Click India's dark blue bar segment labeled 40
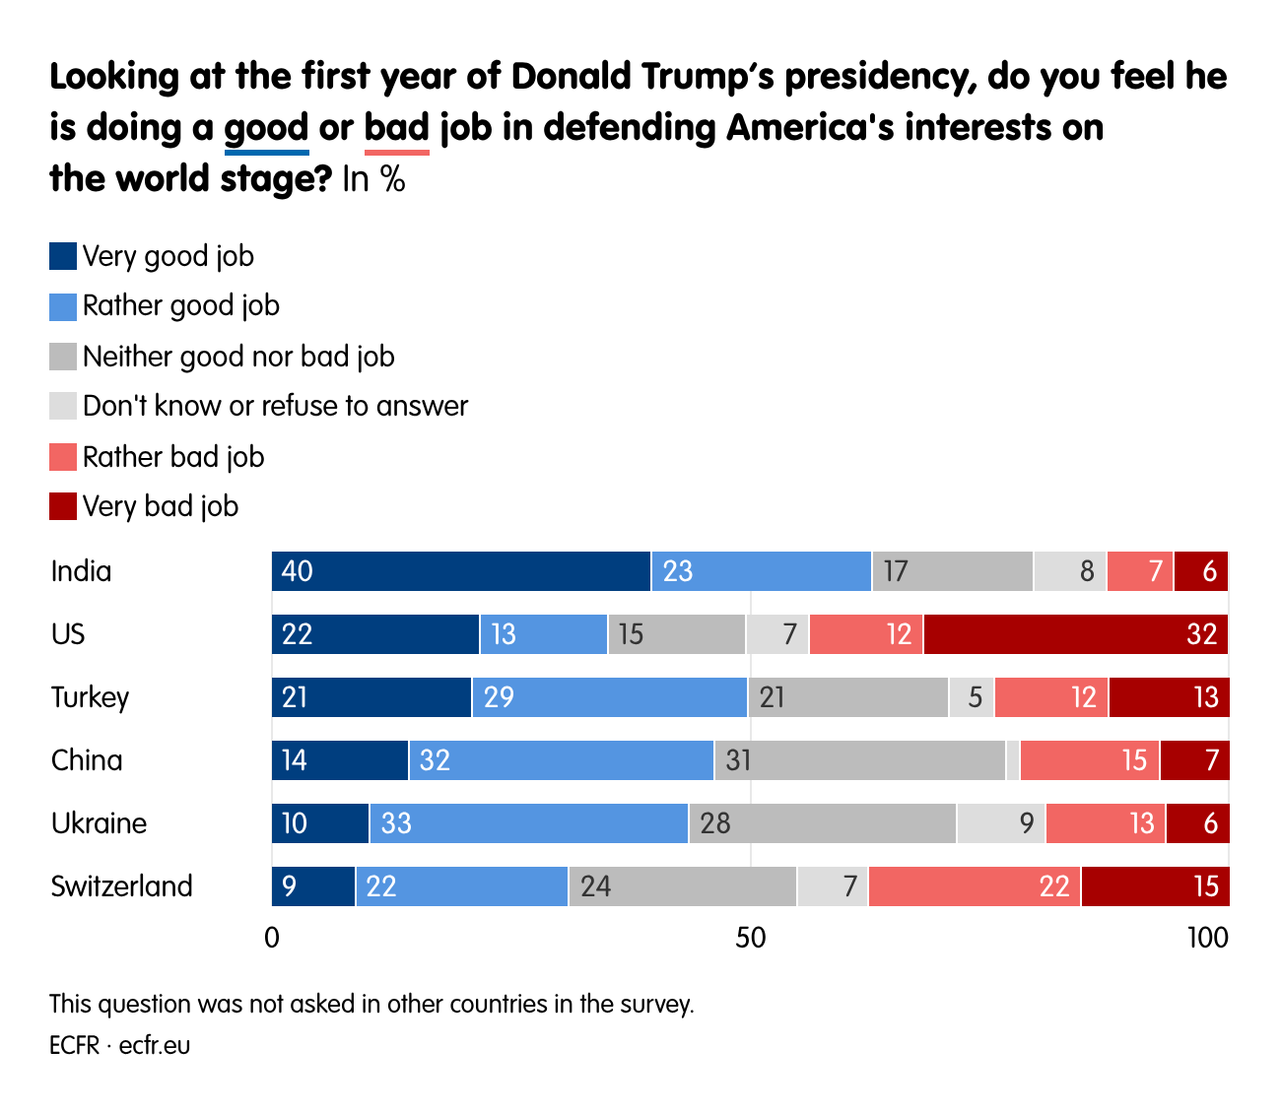(x=461, y=571)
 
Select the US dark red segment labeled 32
(x=1076, y=634)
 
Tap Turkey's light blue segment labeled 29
(x=610, y=697)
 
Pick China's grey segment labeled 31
(x=860, y=760)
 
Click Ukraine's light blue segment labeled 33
(x=529, y=823)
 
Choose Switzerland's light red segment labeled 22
(x=975, y=886)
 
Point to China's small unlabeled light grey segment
(x=1013, y=760)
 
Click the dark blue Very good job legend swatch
(x=63, y=256)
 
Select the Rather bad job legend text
(x=173, y=457)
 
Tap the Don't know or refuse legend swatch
(x=63, y=406)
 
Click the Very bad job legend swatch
(x=63, y=506)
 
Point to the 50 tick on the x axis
(x=751, y=938)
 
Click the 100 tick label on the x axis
(x=1208, y=938)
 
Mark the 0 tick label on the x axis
(x=272, y=938)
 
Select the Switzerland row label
(x=122, y=886)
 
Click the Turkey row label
(x=91, y=697)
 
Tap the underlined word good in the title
(x=267, y=128)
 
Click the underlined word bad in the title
(x=397, y=128)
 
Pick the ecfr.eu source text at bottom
(x=155, y=1045)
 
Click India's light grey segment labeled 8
(x=1070, y=571)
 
